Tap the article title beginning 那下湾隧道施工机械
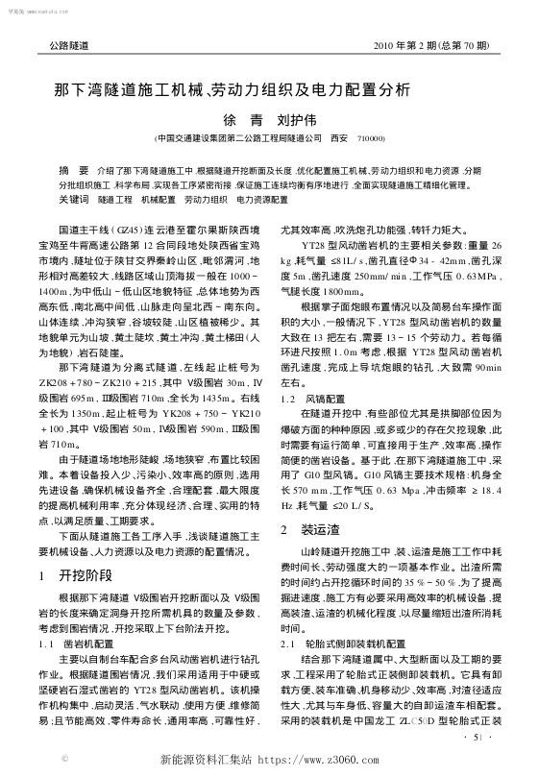coord(232,92)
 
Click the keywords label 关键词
coord(74,198)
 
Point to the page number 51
coord(480,736)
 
